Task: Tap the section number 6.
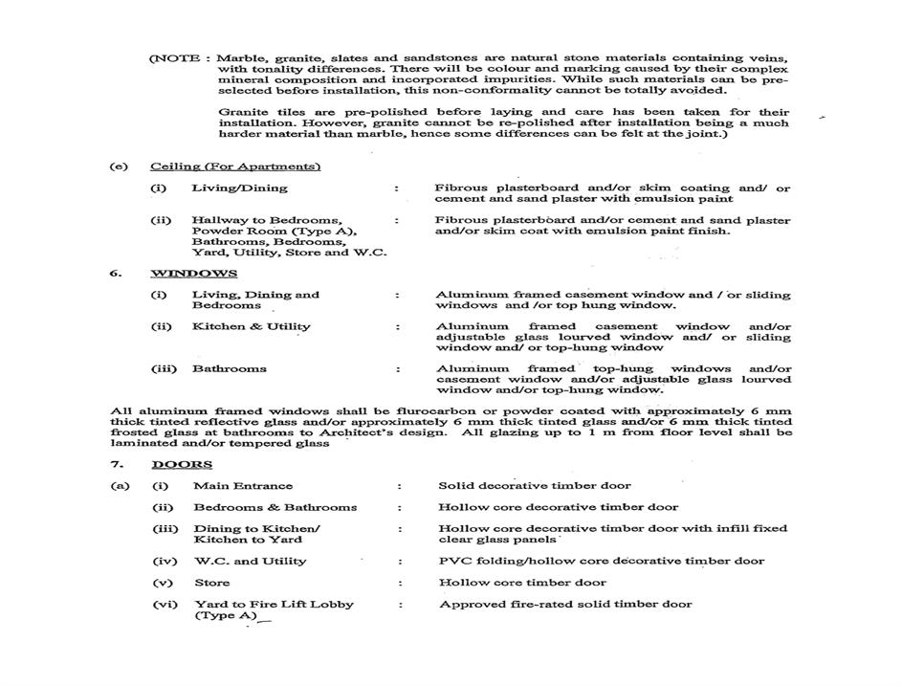coord(115,274)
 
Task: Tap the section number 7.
coord(115,465)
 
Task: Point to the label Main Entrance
coord(243,486)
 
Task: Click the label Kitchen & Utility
coord(251,326)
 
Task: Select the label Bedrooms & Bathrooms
coord(275,507)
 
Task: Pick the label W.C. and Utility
coord(250,561)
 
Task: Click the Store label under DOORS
coord(211,582)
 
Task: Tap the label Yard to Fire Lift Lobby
coord(274,604)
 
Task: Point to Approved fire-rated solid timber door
coord(565,604)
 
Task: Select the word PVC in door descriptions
coord(452,561)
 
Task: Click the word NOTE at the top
coord(174,58)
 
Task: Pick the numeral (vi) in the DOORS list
coord(164,604)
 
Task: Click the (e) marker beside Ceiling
coord(119,166)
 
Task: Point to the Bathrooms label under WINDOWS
coord(229,368)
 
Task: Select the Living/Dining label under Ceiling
coord(239,188)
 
